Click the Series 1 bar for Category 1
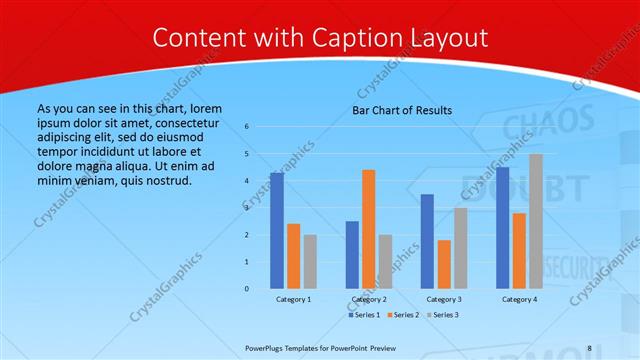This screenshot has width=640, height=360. (277, 231)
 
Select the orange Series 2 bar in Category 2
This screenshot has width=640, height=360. (369, 229)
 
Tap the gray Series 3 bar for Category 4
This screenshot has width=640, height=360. (536, 221)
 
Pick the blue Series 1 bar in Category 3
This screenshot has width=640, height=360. (427, 241)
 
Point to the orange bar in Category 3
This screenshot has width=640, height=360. (444, 264)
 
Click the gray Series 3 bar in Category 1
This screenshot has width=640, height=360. (311, 262)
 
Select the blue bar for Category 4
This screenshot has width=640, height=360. (502, 228)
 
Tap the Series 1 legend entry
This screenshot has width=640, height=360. (364, 315)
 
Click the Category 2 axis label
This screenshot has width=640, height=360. (369, 300)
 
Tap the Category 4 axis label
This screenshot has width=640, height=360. (519, 300)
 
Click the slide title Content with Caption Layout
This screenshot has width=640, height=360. (320, 38)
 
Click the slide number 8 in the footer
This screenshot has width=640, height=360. (589, 348)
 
